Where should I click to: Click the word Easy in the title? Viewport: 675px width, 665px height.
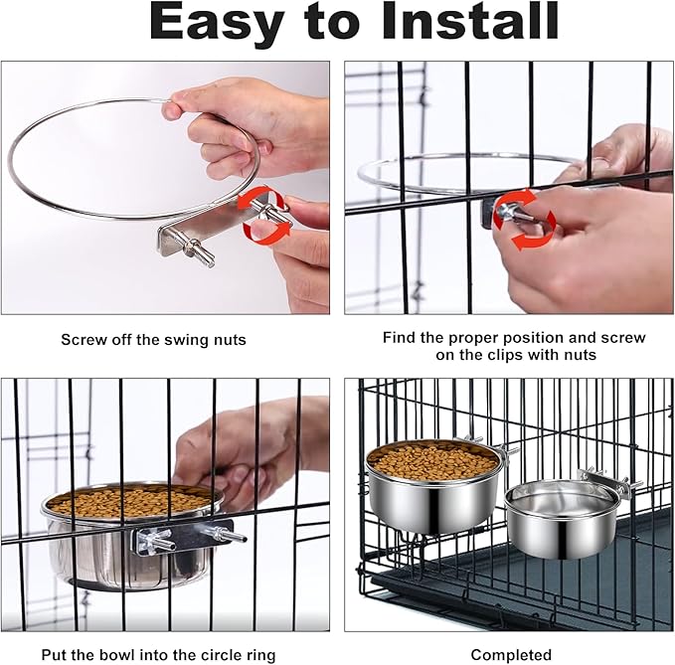click(217, 22)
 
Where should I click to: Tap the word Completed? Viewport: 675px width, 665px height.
click(511, 655)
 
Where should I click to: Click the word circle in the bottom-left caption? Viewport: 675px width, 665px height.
click(212, 655)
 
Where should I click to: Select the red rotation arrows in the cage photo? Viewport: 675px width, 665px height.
click(524, 220)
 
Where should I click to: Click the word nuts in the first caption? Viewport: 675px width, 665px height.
click(230, 340)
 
